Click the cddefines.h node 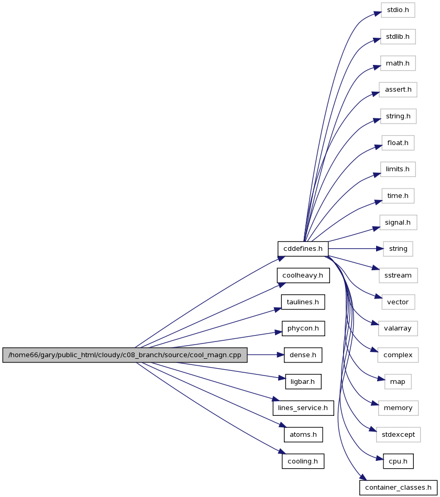(303, 249)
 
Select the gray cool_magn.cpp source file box (125, 355)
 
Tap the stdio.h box (398, 10)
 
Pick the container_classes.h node (398, 488)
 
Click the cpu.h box (398, 461)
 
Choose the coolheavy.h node (303, 275)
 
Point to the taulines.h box (303, 302)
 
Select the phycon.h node (303, 328)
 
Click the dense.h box (303, 355)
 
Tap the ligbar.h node (303, 382)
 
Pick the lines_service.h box (303, 408)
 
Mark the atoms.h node (303, 435)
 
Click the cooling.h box (303, 461)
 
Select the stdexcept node (399, 435)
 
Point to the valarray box (398, 328)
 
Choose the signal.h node (398, 223)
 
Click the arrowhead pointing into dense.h (281, 355)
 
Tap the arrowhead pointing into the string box (380, 249)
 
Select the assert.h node (398, 90)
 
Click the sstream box (398, 275)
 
